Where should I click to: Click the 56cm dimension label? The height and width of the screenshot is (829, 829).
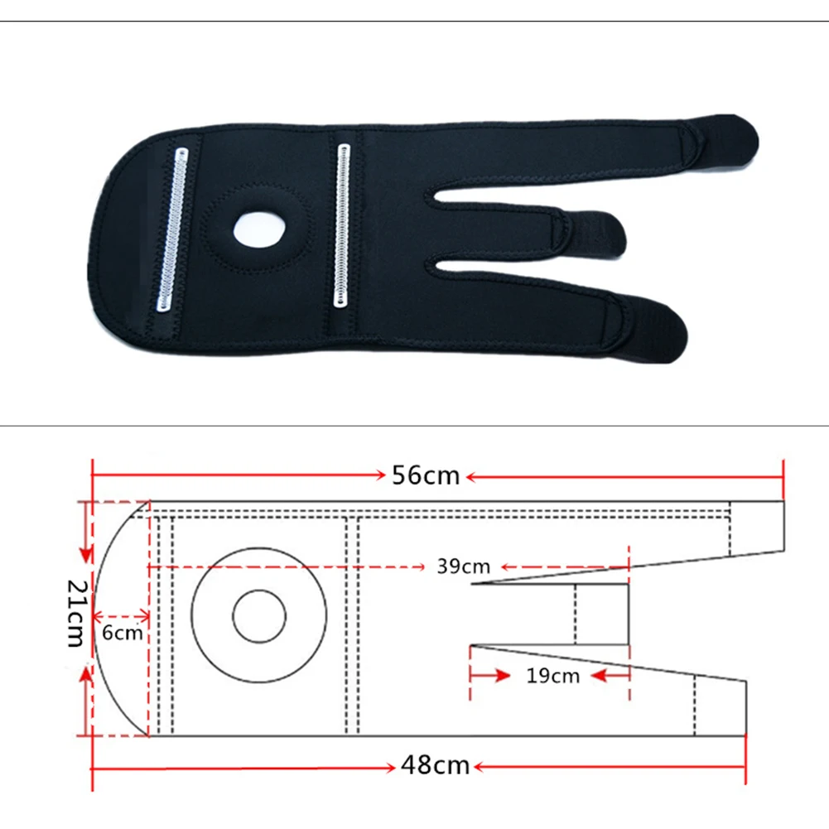pyautogui.click(x=426, y=475)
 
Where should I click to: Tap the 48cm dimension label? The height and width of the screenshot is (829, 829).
pyautogui.click(x=435, y=765)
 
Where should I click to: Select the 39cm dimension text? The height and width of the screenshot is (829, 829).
pyautogui.click(x=463, y=566)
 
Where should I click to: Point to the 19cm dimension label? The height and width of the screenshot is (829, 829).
pyautogui.click(x=552, y=676)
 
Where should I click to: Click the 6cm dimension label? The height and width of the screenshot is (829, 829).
pyautogui.click(x=122, y=633)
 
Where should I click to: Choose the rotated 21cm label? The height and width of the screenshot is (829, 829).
pyautogui.click(x=76, y=614)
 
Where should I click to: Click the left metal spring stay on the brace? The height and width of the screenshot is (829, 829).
pyautogui.click(x=172, y=229)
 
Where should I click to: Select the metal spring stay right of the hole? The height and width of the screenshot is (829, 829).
pyautogui.click(x=343, y=225)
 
